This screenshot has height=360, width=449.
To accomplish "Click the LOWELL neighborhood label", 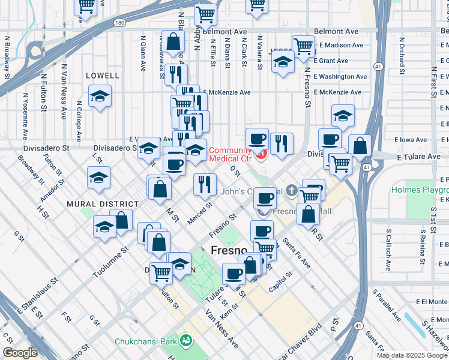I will coord(103,76).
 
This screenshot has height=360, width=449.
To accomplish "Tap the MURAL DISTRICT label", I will coord(98,204).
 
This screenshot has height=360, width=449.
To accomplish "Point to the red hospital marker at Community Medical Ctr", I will coord(261,155).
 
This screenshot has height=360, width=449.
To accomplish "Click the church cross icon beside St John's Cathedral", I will coord(292,191).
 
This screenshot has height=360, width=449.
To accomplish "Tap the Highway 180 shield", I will coord(120,23).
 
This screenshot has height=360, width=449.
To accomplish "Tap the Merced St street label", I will coord(199,214).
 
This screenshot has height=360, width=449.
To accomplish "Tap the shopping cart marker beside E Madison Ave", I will coord(304,46).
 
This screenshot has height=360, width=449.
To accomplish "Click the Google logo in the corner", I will coord(20,353).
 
